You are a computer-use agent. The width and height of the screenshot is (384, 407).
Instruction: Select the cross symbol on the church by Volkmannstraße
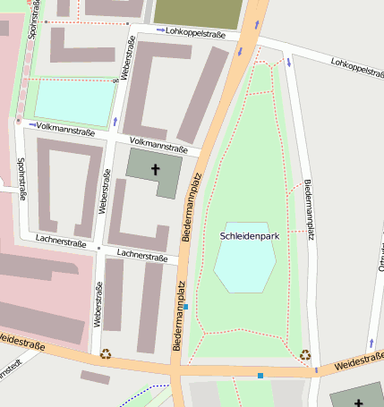click(155, 169)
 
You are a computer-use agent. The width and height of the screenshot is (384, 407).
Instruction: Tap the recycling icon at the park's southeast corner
click(305, 354)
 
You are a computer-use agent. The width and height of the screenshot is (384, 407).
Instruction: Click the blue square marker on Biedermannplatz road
click(185, 307)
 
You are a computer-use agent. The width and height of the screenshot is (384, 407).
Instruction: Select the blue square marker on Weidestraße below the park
click(260, 376)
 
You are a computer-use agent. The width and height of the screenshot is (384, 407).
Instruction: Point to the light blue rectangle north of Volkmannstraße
click(74, 102)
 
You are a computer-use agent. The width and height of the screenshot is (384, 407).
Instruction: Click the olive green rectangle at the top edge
click(198, 12)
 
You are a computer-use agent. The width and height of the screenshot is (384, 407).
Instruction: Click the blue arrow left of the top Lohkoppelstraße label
click(160, 31)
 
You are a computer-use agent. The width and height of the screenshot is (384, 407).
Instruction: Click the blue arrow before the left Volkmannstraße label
click(32, 125)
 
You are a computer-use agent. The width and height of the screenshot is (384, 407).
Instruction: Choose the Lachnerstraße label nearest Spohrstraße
click(61, 242)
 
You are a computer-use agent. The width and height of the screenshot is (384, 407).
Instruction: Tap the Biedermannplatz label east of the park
click(310, 211)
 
